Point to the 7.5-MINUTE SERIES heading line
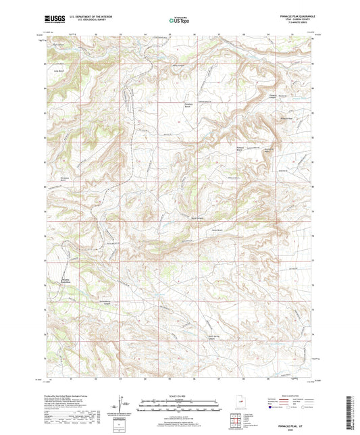[301, 27]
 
